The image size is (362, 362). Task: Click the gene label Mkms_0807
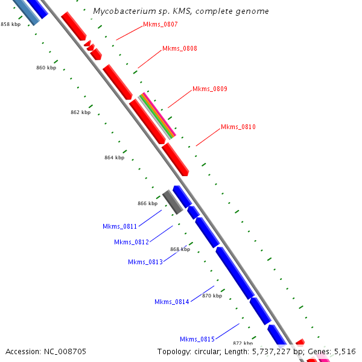pos(160,24)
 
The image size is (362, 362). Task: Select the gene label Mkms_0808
pos(179,48)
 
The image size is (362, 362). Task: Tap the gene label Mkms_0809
pos(209,89)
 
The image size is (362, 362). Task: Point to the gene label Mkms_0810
pos(238,127)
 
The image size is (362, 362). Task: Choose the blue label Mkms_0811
pos(119,226)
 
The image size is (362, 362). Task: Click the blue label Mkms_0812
pos(131,242)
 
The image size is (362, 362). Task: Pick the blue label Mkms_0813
pos(145,262)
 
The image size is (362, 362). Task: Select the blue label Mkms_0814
pos(171,302)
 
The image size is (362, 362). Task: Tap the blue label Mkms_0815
pos(197,339)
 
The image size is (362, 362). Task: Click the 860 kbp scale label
pos(46,68)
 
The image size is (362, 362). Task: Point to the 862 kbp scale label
pos(80,112)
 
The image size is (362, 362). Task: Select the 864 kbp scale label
pos(114,157)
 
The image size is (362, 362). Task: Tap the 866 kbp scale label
pos(147,203)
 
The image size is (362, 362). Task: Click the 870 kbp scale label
pos(212,296)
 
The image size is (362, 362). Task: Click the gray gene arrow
pos(172,202)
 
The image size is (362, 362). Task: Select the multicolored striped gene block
pos(157,116)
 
